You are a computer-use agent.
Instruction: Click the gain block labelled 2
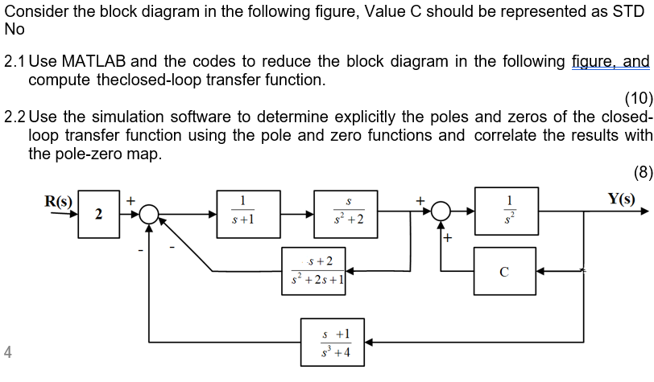(97, 214)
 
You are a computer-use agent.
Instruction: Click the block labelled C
(504, 271)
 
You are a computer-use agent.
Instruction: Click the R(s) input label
(57, 199)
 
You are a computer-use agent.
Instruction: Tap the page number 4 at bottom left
(7, 351)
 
